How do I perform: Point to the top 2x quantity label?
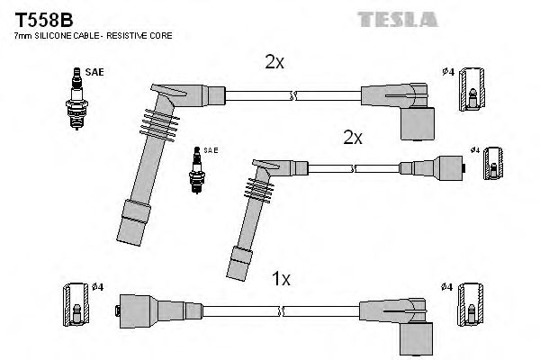tap(274, 62)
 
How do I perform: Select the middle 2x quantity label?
tap(352, 137)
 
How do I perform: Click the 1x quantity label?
tap(281, 279)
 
